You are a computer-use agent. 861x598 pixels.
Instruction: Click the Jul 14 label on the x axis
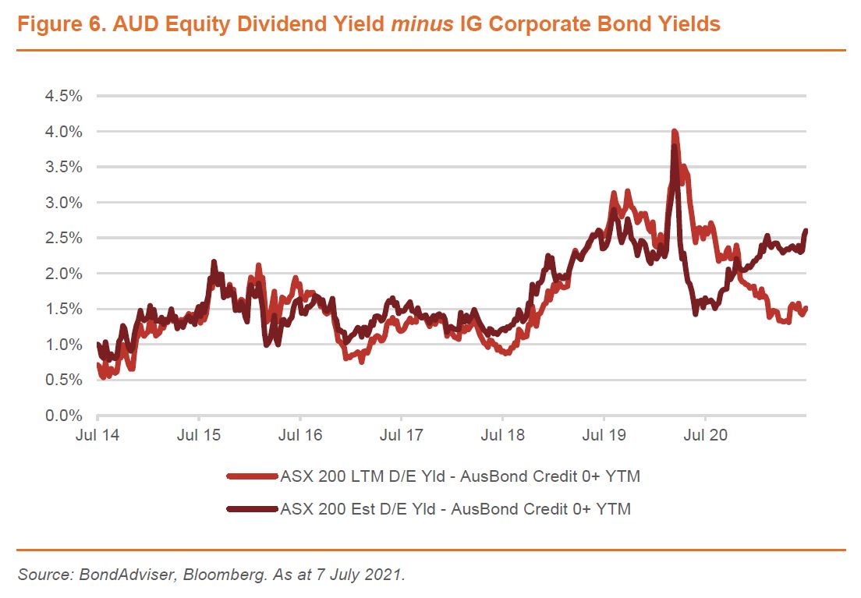click(97, 435)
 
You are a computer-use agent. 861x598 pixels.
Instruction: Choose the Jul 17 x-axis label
click(401, 435)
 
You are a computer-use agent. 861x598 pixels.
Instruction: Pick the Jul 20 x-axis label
click(705, 435)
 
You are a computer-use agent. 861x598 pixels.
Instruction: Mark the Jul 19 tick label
click(604, 435)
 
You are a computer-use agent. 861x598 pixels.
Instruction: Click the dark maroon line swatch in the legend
click(251, 509)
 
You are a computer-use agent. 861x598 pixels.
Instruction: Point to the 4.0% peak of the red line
click(674, 132)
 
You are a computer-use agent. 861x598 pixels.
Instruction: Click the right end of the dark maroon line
click(806, 231)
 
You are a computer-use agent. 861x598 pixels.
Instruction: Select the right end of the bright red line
click(806, 308)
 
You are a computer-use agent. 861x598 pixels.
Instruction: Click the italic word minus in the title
click(420, 25)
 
